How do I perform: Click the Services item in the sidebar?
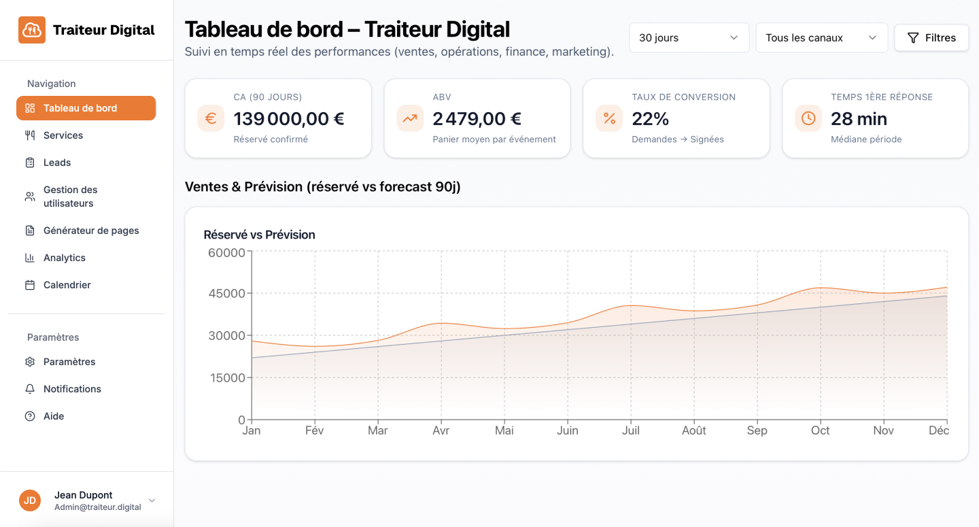click(63, 135)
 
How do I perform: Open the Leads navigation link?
click(57, 163)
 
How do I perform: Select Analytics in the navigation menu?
click(64, 258)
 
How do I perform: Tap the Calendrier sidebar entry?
click(67, 285)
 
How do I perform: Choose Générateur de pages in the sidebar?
click(90, 231)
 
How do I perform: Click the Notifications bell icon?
click(30, 389)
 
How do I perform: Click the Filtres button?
click(931, 38)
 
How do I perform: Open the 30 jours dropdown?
click(689, 38)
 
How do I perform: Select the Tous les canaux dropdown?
click(821, 38)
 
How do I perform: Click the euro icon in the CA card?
click(211, 118)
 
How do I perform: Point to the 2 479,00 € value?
click(477, 119)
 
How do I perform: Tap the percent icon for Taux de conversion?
click(609, 118)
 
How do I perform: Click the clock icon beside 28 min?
click(808, 118)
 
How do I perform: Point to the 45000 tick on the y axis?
click(227, 294)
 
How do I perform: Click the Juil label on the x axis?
click(631, 430)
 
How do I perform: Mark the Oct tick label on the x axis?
click(821, 430)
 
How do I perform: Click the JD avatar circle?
click(30, 500)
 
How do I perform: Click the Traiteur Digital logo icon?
click(32, 30)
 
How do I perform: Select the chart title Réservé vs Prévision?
click(259, 235)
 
